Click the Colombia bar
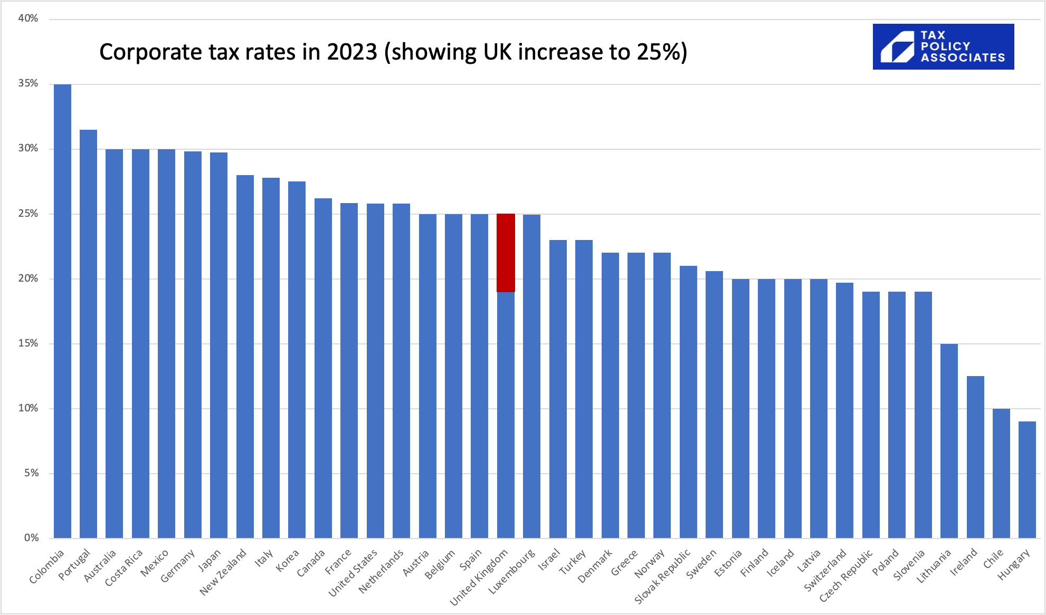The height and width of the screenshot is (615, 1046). pyautogui.click(x=62, y=311)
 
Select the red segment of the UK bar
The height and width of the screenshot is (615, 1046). pyautogui.click(x=506, y=253)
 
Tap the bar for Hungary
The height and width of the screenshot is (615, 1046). pyautogui.click(x=1027, y=479)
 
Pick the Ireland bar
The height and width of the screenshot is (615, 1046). pyautogui.click(x=975, y=457)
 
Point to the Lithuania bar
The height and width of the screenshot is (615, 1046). pyautogui.click(x=949, y=441)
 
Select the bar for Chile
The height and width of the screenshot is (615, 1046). pyautogui.click(x=1001, y=473)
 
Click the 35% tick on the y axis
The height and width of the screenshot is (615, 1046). pyautogui.click(x=28, y=83)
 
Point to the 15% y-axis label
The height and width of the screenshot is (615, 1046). pyautogui.click(x=28, y=343)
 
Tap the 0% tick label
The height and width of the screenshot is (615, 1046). pyautogui.click(x=31, y=538)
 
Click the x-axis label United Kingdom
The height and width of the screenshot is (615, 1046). pyautogui.click(x=479, y=577)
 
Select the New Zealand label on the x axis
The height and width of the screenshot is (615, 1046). pyautogui.click(x=223, y=572)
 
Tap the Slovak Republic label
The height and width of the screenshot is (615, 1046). pyautogui.click(x=662, y=576)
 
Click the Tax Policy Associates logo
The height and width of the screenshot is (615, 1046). pyautogui.click(x=943, y=46)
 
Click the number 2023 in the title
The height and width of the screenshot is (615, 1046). pyautogui.click(x=352, y=52)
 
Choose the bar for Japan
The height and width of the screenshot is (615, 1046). pyautogui.click(x=218, y=345)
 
